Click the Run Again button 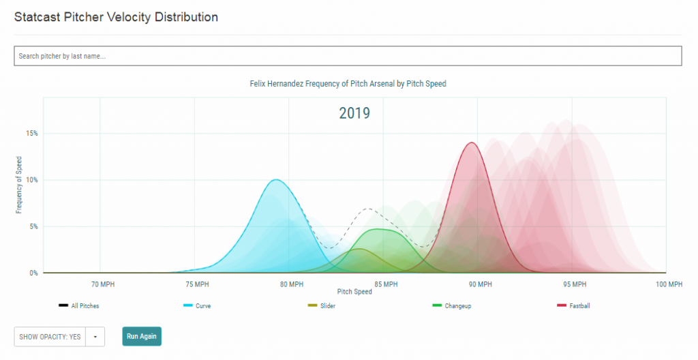pyautogui.click(x=142, y=336)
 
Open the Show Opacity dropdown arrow pyautogui.click(x=95, y=337)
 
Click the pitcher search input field pyautogui.click(x=348, y=56)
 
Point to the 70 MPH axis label pyautogui.click(x=101, y=284)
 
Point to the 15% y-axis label pyautogui.click(x=32, y=134)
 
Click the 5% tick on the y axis pyautogui.click(x=33, y=226)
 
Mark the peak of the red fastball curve pyautogui.click(x=471, y=142)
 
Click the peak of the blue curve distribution pyautogui.click(x=275, y=180)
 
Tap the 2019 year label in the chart pyautogui.click(x=354, y=113)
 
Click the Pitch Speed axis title pyautogui.click(x=354, y=292)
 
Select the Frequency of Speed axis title pyautogui.click(x=19, y=185)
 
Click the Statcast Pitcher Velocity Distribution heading pyautogui.click(x=117, y=16)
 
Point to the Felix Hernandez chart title pyautogui.click(x=348, y=84)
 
